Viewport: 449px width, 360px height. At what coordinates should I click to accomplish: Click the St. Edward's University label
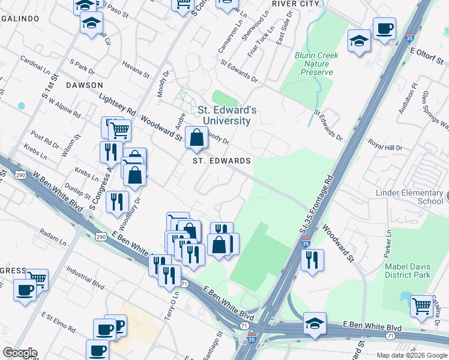(227, 115)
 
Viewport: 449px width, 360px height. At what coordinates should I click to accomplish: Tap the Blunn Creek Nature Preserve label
(317, 64)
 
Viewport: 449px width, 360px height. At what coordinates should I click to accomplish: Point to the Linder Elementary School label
(409, 197)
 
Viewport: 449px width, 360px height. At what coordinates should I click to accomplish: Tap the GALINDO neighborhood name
(20, 19)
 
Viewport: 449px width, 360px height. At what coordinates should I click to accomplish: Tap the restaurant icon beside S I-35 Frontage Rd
(312, 260)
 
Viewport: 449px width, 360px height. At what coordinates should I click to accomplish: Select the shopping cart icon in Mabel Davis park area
(422, 305)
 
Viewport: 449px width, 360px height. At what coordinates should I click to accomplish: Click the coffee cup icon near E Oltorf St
(384, 28)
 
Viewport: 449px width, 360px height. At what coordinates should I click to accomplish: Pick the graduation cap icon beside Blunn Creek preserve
(359, 41)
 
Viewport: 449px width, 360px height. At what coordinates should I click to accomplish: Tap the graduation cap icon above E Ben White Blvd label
(315, 323)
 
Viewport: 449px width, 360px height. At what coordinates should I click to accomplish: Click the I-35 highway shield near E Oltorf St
(410, 37)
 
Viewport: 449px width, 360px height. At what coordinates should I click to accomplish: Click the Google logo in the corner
(20, 353)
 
